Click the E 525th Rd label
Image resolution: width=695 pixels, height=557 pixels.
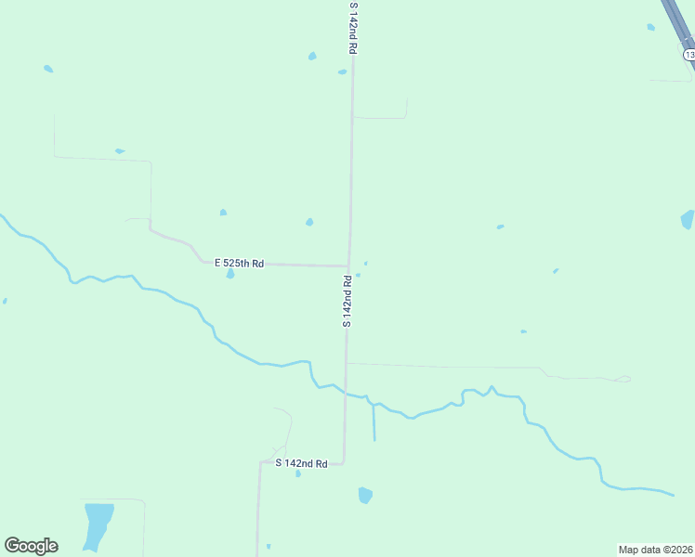pyautogui.click(x=240, y=264)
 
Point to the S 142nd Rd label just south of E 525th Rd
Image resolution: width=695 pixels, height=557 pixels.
pyautogui.click(x=347, y=300)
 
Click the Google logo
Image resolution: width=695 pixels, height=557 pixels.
pyautogui.click(x=31, y=546)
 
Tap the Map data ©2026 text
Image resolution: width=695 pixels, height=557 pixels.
pyautogui.click(x=655, y=550)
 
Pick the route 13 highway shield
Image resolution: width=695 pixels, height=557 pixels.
pyautogui.click(x=688, y=55)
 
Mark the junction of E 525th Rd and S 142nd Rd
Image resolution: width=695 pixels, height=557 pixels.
pyautogui.click(x=348, y=266)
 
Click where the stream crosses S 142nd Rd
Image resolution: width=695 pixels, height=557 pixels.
pyautogui.click(x=346, y=393)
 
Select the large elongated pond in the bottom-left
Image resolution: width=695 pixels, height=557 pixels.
pyautogui.click(x=97, y=525)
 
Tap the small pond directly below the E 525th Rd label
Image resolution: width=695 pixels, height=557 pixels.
pyautogui.click(x=229, y=274)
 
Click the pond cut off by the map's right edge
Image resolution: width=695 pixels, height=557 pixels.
pyautogui.click(x=688, y=220)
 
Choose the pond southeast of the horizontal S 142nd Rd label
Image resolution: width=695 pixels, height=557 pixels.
pyautogui.click(x=365, y=495)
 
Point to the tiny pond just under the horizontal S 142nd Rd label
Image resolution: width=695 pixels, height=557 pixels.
pyautogui.click(x=297, y=473)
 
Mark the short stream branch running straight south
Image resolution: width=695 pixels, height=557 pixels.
pyautogui.click(x=374, y=422)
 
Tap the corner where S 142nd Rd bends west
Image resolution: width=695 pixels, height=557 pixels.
pyautogui.click(x=345, y=462)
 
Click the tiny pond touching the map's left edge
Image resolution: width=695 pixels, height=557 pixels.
pyautogui.click(x=4, y=301)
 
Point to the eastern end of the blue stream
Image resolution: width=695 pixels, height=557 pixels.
pyautogui.click(x=672, y=494)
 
